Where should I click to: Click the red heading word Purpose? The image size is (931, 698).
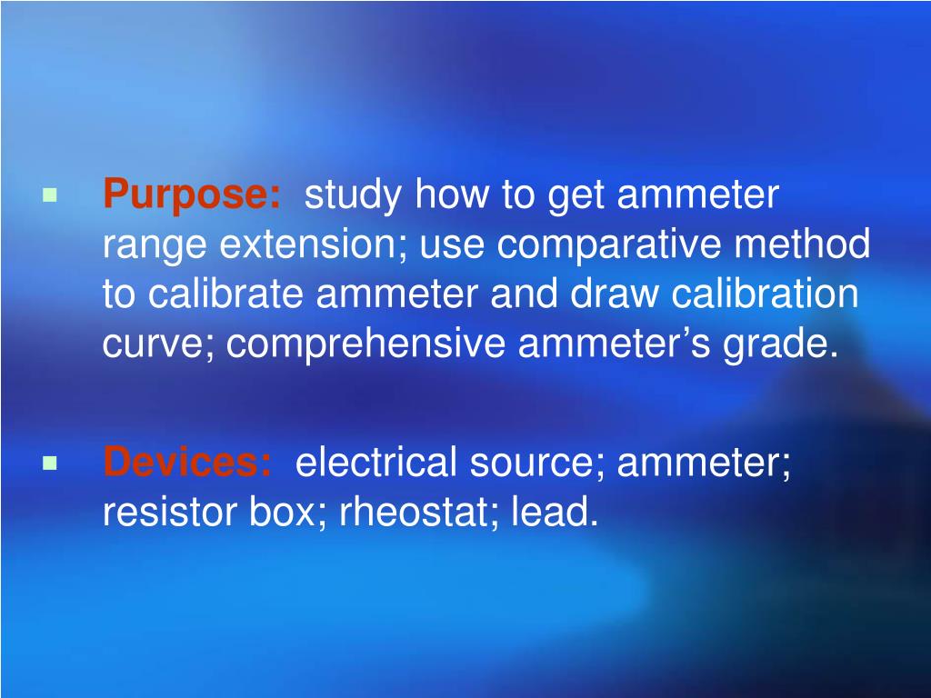click(192, 196)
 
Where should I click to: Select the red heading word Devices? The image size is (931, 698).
click(186, 464)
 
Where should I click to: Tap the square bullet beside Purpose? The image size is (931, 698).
click(49, 195)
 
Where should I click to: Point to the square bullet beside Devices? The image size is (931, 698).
click(49, 464)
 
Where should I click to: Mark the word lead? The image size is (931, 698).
click(555, 514)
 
